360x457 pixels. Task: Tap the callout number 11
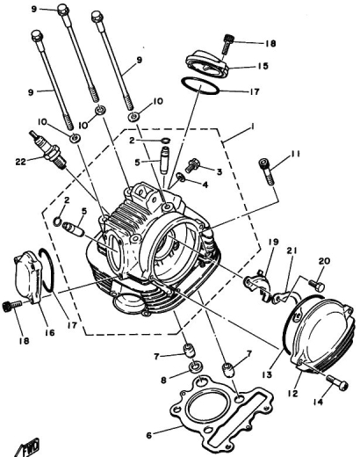[296, 154]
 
